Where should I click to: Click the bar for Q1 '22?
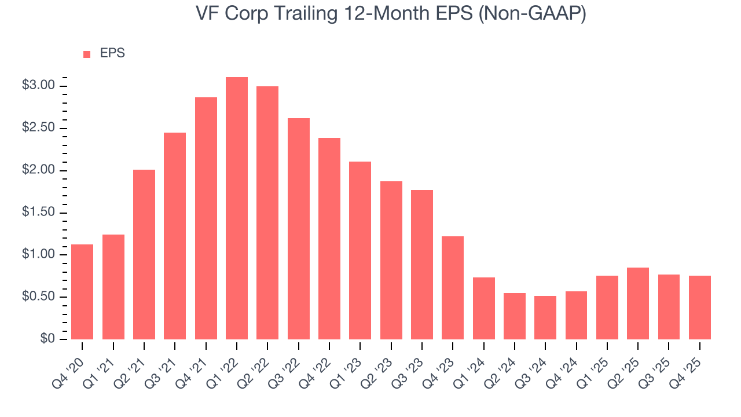(x=237, y=208)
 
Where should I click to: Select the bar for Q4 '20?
(x=82, y=292)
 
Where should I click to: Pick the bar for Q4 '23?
(x=453, y=288)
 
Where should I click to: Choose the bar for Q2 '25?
(x=638, y=303)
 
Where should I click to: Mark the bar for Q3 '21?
(x=175, y=236)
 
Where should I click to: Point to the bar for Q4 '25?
(x=699, y=308)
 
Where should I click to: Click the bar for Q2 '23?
(x=391, y=260)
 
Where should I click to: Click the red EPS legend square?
(x=87, y=54)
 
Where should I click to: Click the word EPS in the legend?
(x=112, y=53)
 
